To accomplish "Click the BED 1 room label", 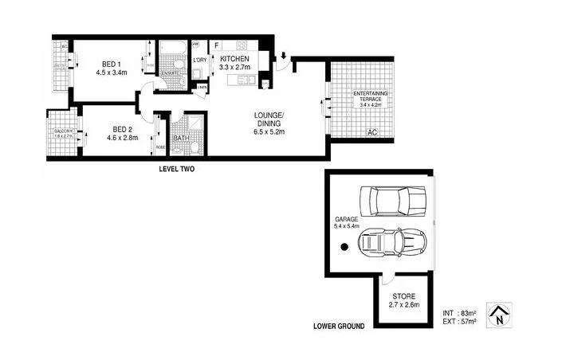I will (x=112, y=62).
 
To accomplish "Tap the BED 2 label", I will (x=122, y=129).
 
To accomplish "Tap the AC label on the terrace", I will (x=371, y=132).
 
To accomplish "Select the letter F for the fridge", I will (x=216, y=45).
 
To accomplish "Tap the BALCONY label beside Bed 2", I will (x=62, y=132).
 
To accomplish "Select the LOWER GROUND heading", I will (x=340, y=327).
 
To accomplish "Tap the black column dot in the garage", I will (x=344, y=248).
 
